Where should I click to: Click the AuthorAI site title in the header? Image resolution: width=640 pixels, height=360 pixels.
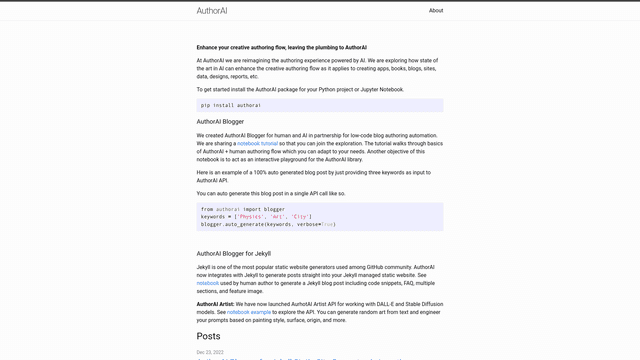[211, 11]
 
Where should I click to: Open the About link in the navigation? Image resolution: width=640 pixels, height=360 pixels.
[436, 11]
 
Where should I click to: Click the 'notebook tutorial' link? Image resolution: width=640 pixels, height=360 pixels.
[258, 144]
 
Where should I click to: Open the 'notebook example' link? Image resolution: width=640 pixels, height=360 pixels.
[249, 312]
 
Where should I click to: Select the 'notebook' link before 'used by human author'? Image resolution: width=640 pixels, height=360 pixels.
[208, 283]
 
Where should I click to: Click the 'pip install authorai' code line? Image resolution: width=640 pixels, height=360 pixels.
[231, 105]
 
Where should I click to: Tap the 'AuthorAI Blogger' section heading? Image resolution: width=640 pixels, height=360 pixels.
[220, 122]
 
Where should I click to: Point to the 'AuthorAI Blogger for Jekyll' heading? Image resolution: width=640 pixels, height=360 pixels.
[233, 254]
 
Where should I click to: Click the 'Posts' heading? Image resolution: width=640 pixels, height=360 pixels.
[208, 336]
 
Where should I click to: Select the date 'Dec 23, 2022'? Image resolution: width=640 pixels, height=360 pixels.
[210, 352]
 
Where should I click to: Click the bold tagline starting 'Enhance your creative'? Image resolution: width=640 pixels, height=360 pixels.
[281, 47]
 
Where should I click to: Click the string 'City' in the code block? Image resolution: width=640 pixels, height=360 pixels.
[300, 216]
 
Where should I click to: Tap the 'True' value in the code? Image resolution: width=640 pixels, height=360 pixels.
[328, 224]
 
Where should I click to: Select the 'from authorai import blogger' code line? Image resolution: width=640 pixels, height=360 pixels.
[243, 209]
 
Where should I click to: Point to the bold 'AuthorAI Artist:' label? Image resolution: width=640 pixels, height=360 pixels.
[215, 304]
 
